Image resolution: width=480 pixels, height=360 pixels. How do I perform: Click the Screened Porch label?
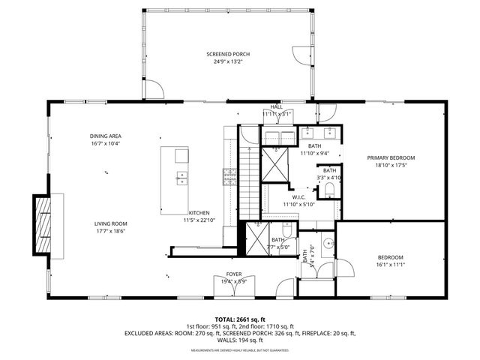[x=229, y=55]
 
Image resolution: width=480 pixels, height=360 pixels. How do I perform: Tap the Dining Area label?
[x=106, y=136]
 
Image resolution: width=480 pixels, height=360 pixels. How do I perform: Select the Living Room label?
[x=110, y=223]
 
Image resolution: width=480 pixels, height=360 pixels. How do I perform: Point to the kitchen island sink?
[x=181, y=178]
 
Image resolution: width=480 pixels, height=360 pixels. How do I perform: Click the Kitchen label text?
[x=199, y=212]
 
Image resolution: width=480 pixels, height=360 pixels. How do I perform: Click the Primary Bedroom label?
[x=390, y=157]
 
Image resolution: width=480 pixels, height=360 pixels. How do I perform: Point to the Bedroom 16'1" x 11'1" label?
[x=390, y=257]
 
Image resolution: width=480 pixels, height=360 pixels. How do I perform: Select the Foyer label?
[x=233, y=275]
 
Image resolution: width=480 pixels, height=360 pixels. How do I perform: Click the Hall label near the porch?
[x=277, y=107]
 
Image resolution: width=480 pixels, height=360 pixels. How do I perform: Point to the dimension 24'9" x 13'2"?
[x=229, y=62]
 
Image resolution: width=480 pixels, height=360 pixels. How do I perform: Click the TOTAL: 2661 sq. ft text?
[x=240, y=319]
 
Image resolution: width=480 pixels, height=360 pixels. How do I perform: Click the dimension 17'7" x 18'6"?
[x=110, y=231]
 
